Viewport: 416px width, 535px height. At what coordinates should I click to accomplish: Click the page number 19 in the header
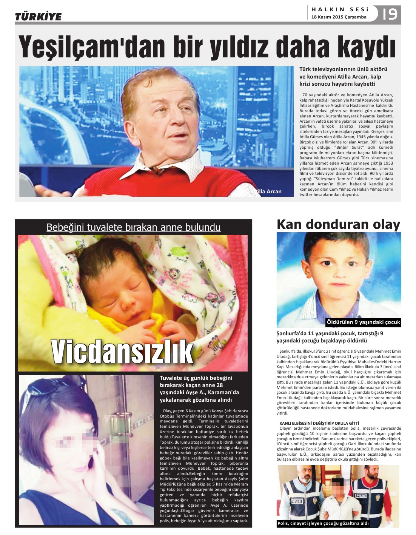tap(390, 14)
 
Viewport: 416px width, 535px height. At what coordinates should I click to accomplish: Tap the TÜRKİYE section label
tap(38, 17)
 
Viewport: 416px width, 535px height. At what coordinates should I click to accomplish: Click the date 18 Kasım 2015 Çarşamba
tap(339, 17)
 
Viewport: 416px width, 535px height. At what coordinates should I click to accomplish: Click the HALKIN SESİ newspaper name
tap(339, 9)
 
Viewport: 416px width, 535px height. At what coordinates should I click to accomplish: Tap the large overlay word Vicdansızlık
tap(122, 351)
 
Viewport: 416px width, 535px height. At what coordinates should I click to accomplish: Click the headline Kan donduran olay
tap(338, 224)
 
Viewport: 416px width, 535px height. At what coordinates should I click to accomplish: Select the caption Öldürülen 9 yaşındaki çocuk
tap(363, 322)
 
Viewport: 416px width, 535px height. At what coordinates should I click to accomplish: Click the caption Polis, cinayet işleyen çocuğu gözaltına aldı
tap(323, 523)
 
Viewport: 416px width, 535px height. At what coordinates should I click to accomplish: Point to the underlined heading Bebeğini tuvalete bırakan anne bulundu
tap(133, 227)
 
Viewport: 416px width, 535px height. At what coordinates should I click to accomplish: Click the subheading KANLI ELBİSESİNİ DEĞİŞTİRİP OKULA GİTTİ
tap(319, 423)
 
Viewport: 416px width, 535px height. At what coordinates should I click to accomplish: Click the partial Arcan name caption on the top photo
tap(269, 191)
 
